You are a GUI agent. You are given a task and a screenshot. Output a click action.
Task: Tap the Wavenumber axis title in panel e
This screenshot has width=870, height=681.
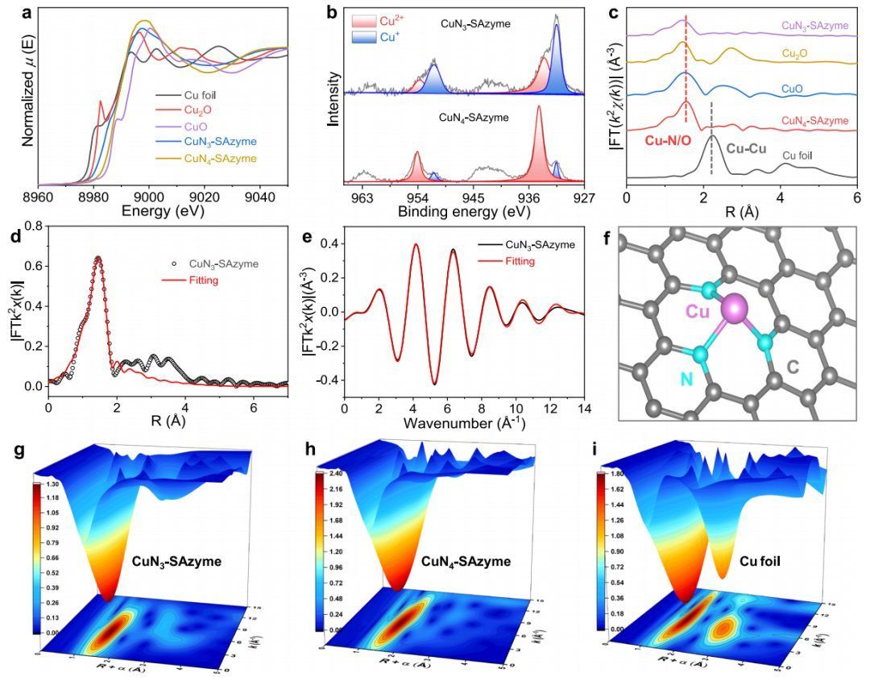tap(464, 422)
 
